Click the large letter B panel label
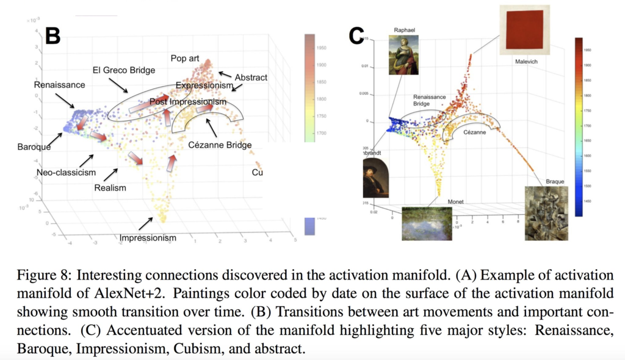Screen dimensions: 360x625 (52, 36)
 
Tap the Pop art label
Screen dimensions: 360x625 (185, 59)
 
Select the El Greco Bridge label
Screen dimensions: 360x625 (124, 70)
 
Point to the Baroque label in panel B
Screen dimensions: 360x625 (34, 146)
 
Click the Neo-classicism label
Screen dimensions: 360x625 (66, 173)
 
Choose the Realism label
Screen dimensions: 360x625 (110, 187)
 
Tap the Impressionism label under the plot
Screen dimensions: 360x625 (148, 238)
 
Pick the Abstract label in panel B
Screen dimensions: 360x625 (251, 77)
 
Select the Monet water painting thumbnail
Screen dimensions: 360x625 (427, 223)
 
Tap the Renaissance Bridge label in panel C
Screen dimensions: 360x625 (430, 101)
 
